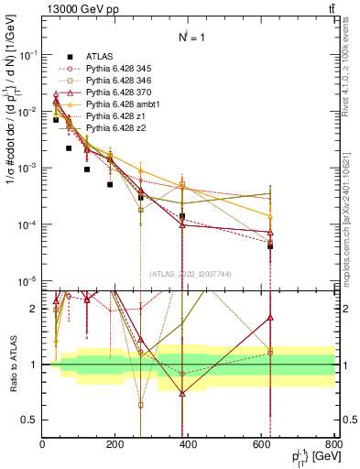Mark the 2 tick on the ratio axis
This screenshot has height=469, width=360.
(x=35, y=309)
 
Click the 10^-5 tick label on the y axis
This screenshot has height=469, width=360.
(x=27, y=281)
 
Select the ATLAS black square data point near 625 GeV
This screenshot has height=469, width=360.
(x=270, y=246)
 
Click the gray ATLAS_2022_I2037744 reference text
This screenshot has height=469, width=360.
(x=190, y=273)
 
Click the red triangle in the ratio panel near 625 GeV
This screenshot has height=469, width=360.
(x=270, y=318)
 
